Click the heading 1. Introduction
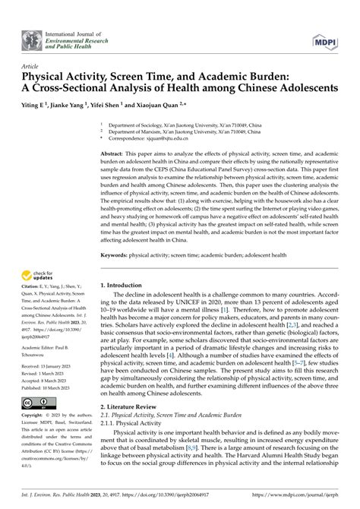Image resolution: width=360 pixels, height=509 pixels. pyautogui.click(x=125, y=285)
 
